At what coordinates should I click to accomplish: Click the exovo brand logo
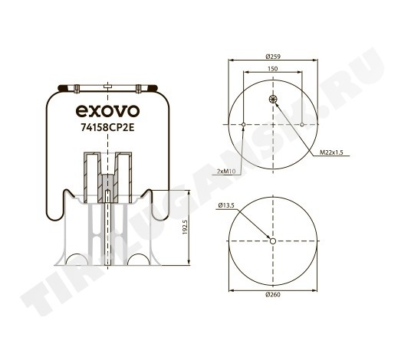coord(107,111)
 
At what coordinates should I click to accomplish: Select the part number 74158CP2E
coord(107,127)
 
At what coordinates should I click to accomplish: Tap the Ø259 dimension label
coord(273,56)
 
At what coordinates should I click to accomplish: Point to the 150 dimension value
coord(273,69)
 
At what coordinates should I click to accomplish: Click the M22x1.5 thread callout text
coord(331,152)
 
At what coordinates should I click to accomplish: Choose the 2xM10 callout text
coord(226,172)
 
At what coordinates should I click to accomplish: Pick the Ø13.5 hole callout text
coord(226,205)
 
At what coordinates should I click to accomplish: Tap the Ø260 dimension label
coord(273,295)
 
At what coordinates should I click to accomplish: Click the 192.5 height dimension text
coord(185,227)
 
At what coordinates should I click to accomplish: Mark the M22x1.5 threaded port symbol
coord(273,99)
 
